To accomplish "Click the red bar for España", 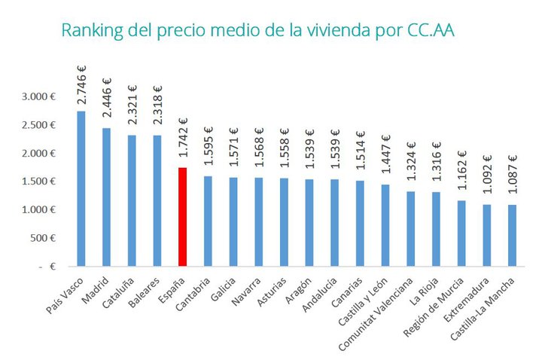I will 182,217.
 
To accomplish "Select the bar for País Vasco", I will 81,188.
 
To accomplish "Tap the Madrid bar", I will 106,197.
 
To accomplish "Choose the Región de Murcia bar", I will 461,233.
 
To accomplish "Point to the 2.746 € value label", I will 81,85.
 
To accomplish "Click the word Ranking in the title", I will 87,32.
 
